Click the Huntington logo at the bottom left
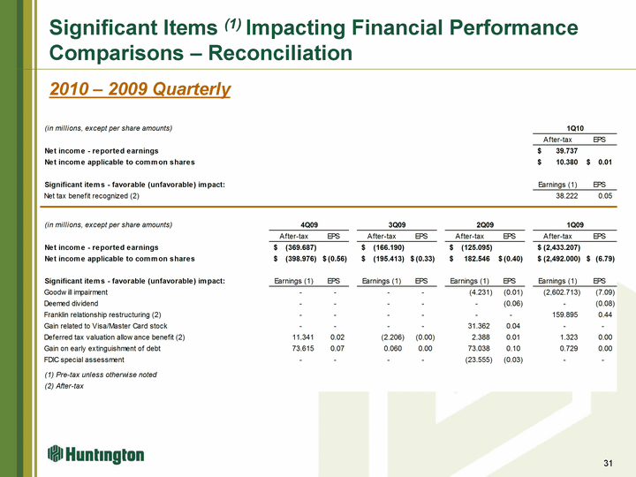(x=95, y=454)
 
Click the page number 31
(x=607, y=465)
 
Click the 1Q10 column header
(x=574, y=128)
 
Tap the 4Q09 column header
(x=306, y=224)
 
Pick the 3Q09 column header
(x=394, y=224)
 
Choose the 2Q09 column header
(x=482, y=224)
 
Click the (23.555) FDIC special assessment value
(x=466, y=360)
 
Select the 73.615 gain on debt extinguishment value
(x=289, y=348)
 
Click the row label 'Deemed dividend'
(x=77, y=303)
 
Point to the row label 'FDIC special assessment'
(x=91, y=360)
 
